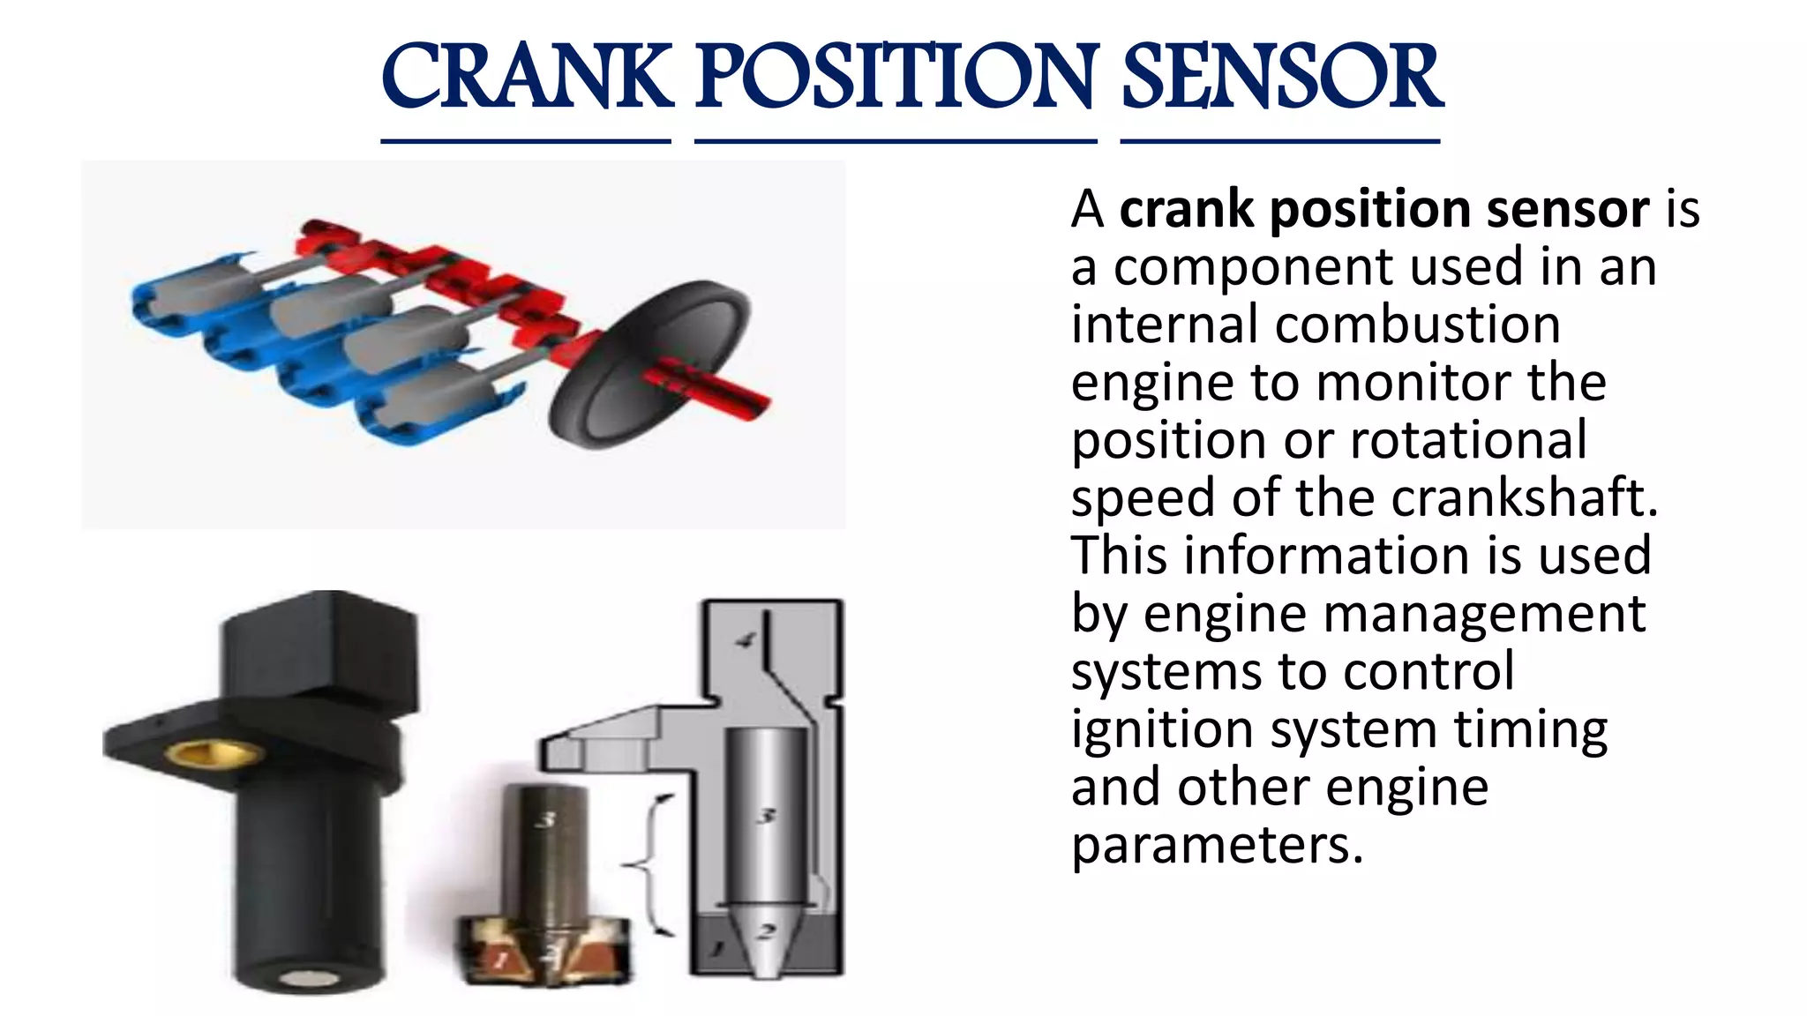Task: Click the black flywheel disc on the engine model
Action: coord(649,366)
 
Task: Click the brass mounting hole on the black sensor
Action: coord(214,753)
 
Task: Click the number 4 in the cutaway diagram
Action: coord(746,639)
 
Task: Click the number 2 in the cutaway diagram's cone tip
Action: coord(766,931)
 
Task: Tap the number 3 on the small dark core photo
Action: coord(547,819)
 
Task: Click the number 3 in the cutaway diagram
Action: coord(766,815)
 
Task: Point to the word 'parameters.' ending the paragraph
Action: coord(1218,846)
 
